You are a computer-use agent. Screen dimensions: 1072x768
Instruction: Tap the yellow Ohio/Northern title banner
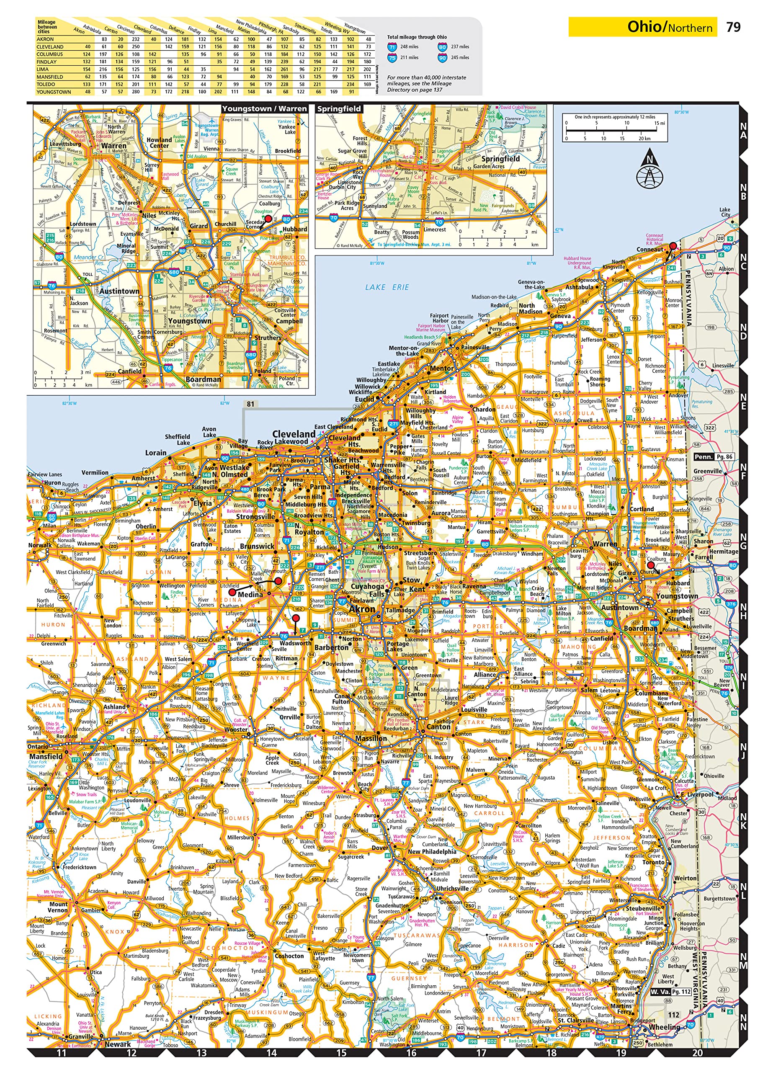(643, 27)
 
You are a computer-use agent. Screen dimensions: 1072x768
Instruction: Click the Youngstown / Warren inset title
(264, 109)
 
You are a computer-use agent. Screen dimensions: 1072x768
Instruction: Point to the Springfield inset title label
(339, 109)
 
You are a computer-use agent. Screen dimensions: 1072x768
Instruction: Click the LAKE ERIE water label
(387, 287)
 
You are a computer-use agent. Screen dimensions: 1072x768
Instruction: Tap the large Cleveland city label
(294, 433)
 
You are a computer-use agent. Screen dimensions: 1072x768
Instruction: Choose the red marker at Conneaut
(673, 246)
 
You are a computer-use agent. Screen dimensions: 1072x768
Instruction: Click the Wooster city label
(236, 729)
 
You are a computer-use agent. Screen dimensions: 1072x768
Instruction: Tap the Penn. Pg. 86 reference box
(714, 456)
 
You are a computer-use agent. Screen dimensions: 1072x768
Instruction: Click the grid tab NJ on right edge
(743, 752)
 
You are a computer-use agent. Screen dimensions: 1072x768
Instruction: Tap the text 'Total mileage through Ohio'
(416, 37)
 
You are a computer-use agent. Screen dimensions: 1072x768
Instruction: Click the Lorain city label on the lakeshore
(155, 452)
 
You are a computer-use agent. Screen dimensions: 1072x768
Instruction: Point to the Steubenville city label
(643, 908)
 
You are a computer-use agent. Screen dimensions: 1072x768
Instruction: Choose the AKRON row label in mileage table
(45, 39)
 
